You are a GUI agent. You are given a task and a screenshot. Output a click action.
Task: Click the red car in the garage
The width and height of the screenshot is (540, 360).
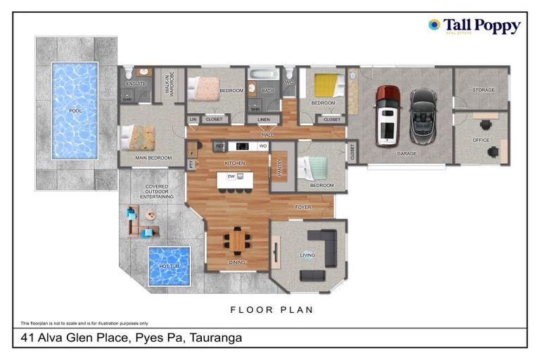[387, 115]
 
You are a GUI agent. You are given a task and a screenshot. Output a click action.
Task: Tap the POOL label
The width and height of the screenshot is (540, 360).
[75, 111]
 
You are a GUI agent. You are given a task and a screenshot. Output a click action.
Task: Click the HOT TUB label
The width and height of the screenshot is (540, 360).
[169, 266]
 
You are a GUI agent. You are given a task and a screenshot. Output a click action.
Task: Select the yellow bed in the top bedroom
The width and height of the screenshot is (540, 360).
[326, 86]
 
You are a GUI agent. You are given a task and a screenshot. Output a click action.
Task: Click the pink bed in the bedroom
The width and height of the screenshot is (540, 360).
[208, 88]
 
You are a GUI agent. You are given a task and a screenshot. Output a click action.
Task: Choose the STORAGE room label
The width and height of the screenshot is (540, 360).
[483, 90]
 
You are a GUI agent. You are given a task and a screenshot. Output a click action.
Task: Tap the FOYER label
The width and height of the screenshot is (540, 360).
[302, 207]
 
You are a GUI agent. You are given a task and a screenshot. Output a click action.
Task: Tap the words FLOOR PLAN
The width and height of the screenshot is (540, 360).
[271, 309]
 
